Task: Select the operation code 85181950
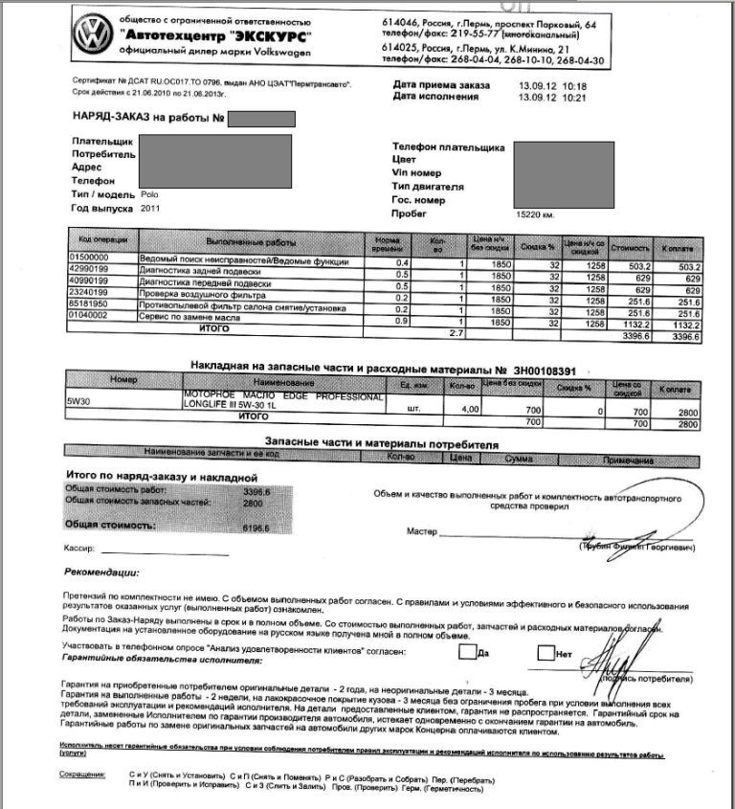tap(91, 301)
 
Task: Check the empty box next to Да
tap(467, 653)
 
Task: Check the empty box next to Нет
tap(546, 653)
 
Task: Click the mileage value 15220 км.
tap(535, 214)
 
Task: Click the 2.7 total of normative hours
tap(456, 332)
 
